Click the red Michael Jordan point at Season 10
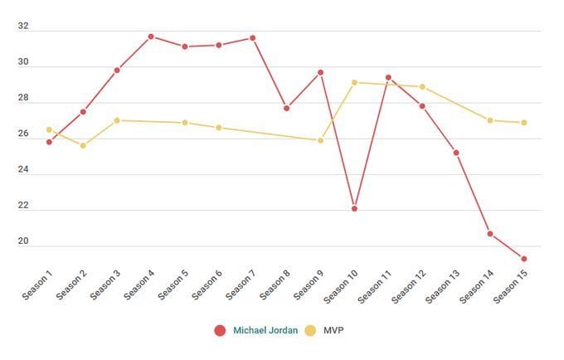pos(354,208)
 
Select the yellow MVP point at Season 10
pos(354,82)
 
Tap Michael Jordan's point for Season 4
pos(151,36)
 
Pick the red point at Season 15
pos(524,259)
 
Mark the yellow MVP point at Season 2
pos(83,145)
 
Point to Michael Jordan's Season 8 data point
pos(286,108)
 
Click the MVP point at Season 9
pos(320,140)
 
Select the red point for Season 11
pos(388,77)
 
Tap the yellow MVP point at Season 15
pos(524,123)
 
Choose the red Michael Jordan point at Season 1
pos(49,142)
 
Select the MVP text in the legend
pos(333,330)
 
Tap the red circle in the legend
pos(220,330)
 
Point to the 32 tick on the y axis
pos(23,27)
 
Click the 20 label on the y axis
pos(23,241)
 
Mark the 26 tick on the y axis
pos(23,134)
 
